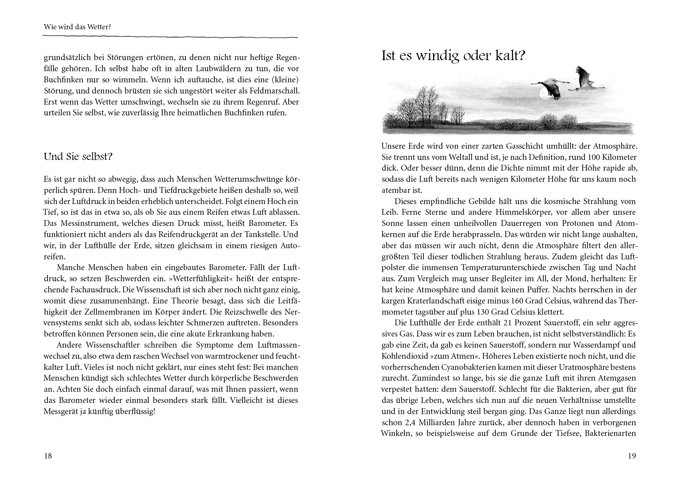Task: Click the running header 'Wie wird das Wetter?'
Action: point(78,27)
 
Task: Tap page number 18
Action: point(48,456)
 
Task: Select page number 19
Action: point(632,456)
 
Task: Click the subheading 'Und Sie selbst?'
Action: point(78,157)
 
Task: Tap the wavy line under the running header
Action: point(170,37)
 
